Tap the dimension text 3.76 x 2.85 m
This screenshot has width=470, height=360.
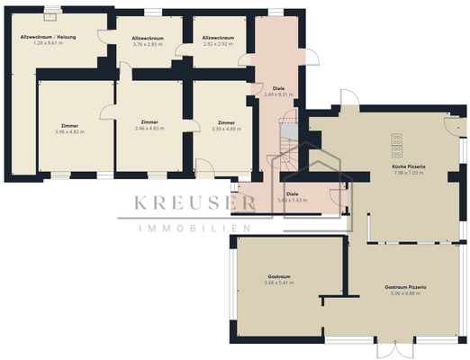tap(148, 43)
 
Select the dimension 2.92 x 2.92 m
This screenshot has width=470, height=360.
tap(219, 43)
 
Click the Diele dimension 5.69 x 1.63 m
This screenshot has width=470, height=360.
tap(293, 200)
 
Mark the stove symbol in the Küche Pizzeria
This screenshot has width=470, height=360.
tap(396, 141)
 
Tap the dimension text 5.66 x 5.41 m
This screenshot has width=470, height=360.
tap(280, 283)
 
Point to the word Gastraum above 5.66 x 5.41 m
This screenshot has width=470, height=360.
tap(280, 276)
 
